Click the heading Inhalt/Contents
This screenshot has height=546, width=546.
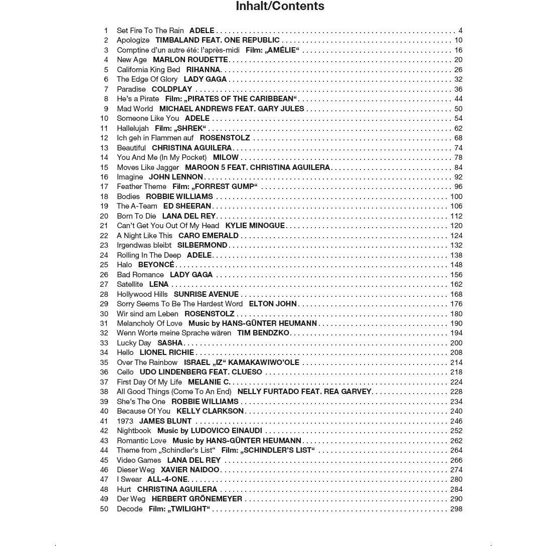[x=280, y=7]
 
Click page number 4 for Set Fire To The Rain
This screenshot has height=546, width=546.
[x=460, y=31]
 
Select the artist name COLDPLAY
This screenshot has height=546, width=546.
[x=172, y=89]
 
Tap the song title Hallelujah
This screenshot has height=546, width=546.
[x=133, y=128]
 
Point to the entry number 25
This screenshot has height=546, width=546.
[x=104, y=265]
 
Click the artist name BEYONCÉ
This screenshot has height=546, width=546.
[x=156, y=265]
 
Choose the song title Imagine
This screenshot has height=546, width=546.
[x=130, y=177]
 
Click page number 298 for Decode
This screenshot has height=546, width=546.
[x=456, y=509]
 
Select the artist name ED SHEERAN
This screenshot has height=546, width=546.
[x=187, y=206]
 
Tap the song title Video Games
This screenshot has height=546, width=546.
[x=139, y=460]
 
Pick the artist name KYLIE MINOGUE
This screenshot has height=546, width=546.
[x=255, y=226]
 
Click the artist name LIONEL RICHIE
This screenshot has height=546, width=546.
[x=167, y=352]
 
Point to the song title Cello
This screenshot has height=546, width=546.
[x=125, y=372]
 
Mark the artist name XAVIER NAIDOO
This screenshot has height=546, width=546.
[x=190, y=470]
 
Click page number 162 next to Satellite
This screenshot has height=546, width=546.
[x=456, y=284]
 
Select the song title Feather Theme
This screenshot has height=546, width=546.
[x=141, y=187]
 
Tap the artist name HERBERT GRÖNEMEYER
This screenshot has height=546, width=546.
[x=197, y=499]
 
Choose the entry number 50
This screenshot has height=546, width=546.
[x=104, y=509]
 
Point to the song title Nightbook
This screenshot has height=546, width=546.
[x=134, y=431]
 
